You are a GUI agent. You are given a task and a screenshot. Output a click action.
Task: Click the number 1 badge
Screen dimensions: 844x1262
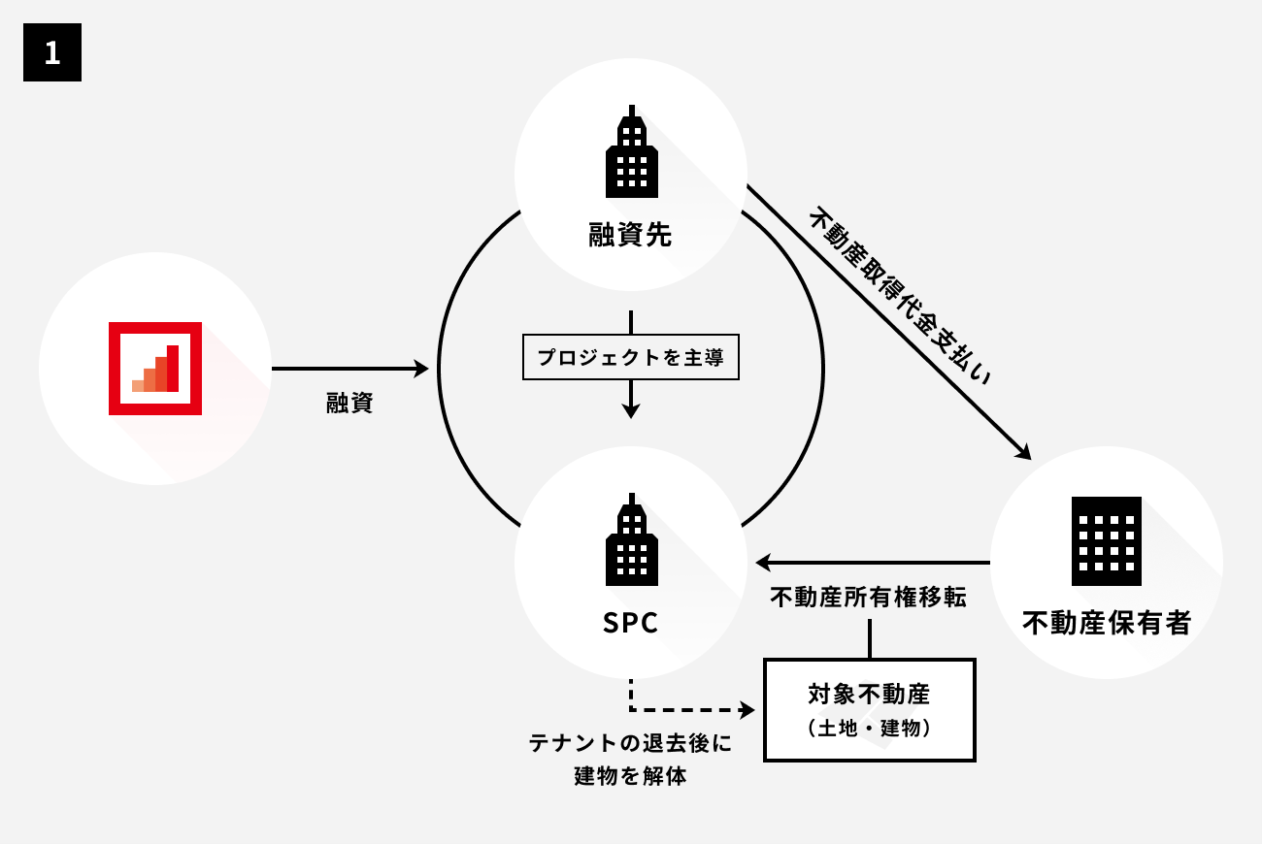click(x=52, y=52)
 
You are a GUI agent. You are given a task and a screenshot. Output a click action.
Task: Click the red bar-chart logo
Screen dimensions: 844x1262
click(x=155, y=369)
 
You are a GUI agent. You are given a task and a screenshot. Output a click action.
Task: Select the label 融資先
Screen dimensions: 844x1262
click(x=631, y=236)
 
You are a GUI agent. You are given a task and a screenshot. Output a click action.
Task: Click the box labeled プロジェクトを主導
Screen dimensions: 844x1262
click(x=631, y=357)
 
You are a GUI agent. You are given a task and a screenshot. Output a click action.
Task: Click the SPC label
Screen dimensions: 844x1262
click(x=631, y=623)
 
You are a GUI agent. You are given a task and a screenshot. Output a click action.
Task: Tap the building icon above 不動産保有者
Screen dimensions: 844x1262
click(x=1106, y=541)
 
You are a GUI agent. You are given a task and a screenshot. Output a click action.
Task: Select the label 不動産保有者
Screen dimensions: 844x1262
click(x=1106, y=623)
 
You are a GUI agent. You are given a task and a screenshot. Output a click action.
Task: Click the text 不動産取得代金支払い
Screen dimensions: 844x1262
click(x=902, y=296)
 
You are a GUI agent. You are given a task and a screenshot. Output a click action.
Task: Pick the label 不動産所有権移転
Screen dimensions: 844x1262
click(x=868, y=598)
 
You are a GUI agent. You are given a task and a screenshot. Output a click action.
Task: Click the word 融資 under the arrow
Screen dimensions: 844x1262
click(x=349, y=404)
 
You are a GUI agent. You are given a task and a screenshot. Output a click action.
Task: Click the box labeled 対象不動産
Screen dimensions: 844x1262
click(x=869, y=696)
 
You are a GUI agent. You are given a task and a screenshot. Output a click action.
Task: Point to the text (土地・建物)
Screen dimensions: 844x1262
click(x=869, y=729)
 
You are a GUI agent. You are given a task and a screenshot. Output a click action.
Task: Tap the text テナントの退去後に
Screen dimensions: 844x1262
click(x=630, y=744)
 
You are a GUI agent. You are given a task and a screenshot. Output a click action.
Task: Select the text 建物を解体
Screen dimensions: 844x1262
click(x=630, y=777)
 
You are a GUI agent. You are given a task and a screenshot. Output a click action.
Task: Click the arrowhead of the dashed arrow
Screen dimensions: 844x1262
click(x=748, y=710)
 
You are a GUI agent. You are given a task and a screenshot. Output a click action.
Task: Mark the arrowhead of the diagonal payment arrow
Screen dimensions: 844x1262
click(x=1023, y=451)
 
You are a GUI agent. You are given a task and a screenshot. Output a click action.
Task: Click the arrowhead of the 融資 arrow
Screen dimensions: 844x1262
click(x=421, y=369)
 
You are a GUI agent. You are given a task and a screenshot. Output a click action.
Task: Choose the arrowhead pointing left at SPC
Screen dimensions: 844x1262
click(x=763, y=563)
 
